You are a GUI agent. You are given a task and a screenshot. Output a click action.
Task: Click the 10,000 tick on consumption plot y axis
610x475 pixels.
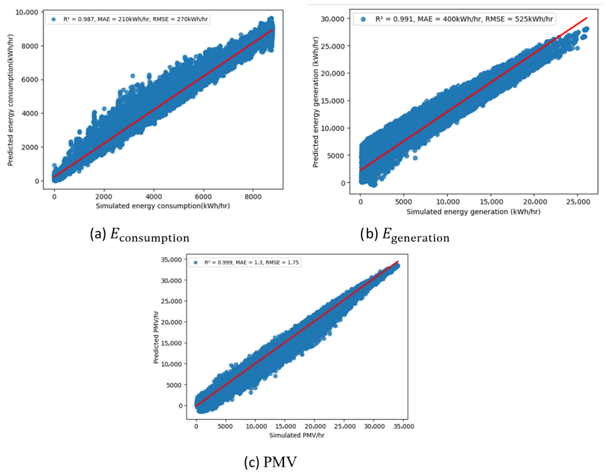point(27,12)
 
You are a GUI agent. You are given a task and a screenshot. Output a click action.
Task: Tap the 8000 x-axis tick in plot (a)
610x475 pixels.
point(253,197)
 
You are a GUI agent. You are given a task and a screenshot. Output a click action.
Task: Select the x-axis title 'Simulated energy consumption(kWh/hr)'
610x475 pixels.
point(163,206)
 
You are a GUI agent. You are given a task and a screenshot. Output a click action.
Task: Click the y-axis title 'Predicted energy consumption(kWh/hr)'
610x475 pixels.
point(10,100)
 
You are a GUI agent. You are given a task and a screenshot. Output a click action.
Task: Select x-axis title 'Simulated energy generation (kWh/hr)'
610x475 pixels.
point(473,212)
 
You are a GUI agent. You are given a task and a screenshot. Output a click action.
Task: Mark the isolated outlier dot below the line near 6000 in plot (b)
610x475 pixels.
point(415,158)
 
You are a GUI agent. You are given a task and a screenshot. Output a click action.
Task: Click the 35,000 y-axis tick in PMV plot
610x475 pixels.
point(172,260)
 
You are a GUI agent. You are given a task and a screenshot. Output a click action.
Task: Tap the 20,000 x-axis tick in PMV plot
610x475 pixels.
point(315,426)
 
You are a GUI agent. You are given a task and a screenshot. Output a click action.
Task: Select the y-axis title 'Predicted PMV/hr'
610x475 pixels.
point(156,337)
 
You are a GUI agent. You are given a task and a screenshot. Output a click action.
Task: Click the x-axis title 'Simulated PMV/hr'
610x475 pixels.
point(297,435)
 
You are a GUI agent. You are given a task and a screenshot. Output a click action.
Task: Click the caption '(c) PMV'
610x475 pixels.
point(270,462)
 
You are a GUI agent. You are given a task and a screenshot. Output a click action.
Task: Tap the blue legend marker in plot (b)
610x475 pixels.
point(363,19)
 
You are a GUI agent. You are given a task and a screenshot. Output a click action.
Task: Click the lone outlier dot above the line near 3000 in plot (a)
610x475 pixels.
point(133,76)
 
